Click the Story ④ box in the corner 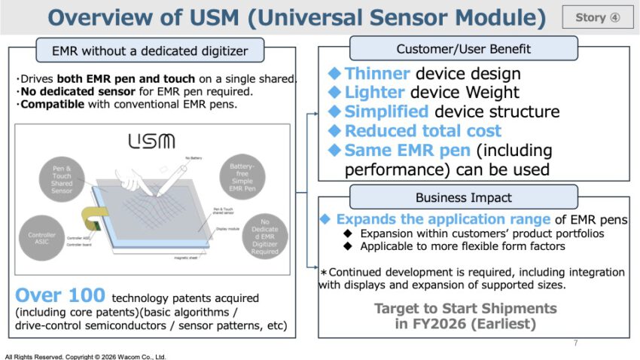coord(598,17)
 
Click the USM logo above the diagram coord(151,140)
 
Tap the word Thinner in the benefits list coord(377,74)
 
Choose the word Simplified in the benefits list coord(386,112)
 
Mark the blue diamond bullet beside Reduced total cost coord(335,131)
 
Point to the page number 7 coord(575,343)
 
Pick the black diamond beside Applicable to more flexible coord(347,246)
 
